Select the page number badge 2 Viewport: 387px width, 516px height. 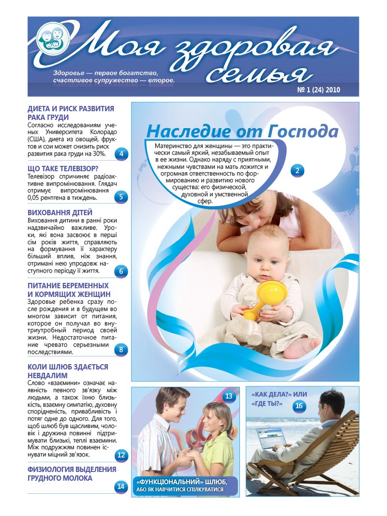click(x=297, y=170)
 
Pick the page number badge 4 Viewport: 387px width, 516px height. click(x=121, y=155)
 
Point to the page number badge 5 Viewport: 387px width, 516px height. click(x=121, y=196)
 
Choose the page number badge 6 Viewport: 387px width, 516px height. click(x=121, y=271)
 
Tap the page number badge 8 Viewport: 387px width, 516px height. click(x=121, y=350)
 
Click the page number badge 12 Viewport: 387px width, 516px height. click(x=121, y=455)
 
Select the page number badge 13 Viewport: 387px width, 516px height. click(x=229, y=397)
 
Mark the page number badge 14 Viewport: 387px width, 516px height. click(x=121, y=487)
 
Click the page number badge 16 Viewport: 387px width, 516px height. click(x=299, y=406)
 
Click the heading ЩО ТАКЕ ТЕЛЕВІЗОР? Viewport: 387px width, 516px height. click(x=63, y=169)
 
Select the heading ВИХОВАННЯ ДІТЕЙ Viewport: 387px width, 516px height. click(x=60, y=213)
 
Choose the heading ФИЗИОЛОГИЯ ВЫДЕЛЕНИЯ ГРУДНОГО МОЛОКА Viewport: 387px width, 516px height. click(x=72, y=473)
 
